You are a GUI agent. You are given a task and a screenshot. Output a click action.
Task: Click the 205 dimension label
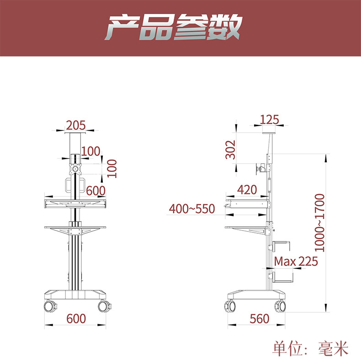point(76,125)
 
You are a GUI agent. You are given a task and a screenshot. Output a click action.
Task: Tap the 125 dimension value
point(269,120)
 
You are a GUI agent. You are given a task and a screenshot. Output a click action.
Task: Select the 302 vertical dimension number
point(231,150)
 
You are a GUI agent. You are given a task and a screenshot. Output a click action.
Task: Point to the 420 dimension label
point(247,189)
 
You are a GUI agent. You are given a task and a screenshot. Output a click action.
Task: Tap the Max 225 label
point(296,262)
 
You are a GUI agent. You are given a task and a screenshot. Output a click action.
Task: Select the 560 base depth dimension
point(260,318)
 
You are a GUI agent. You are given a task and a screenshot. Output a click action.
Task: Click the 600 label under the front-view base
point(76,318)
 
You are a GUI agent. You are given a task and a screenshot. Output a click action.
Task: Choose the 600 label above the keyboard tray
point(96,190)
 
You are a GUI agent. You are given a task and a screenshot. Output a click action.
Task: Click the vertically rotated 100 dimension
point(112,168)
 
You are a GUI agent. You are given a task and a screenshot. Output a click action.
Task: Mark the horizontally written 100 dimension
point(90,150)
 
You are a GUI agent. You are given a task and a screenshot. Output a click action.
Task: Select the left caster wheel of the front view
point(49,306)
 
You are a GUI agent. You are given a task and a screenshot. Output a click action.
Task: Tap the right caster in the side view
point(280,306)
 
